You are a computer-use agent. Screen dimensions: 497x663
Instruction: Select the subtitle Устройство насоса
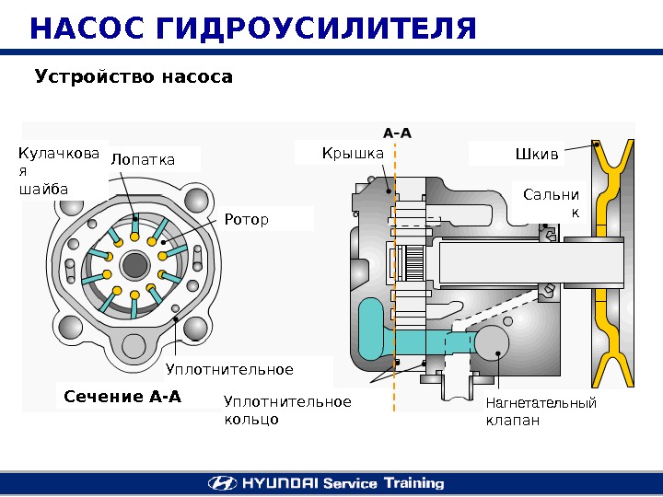[x=134, y=76]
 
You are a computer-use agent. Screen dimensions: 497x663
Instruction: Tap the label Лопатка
[x=143, y=160]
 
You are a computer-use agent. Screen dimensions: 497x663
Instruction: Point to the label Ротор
[x=247, y=220]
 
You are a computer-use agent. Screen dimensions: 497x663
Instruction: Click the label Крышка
[x=353, y=153]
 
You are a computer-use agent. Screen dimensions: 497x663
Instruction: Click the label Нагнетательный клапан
[x=541, y=412]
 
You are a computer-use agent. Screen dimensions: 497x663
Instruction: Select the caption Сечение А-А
[x=122, y=398]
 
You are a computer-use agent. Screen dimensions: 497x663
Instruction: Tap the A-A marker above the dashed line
[x=396, y=133]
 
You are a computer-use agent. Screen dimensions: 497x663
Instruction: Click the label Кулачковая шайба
[x=57, y=170]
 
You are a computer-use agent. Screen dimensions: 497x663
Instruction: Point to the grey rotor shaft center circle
[x=135, y=265]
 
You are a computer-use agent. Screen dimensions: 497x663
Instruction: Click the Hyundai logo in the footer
[x=222, y=482]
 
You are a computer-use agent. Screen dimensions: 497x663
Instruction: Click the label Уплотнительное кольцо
[x=287, y=410]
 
